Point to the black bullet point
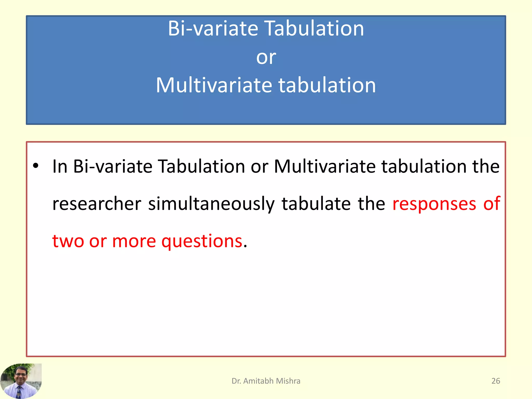[36, 166]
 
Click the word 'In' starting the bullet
[60, 166]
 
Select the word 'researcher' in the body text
[97, 204]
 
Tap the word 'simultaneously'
[211, 204]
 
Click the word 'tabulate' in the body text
[316, 204]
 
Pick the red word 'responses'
[434, 204]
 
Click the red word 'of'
[491, 204]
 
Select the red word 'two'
[68, 241]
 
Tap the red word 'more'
[134, 241]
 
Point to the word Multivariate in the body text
[325, 166]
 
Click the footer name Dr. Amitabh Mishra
[266, 381]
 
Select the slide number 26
[496, 381]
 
